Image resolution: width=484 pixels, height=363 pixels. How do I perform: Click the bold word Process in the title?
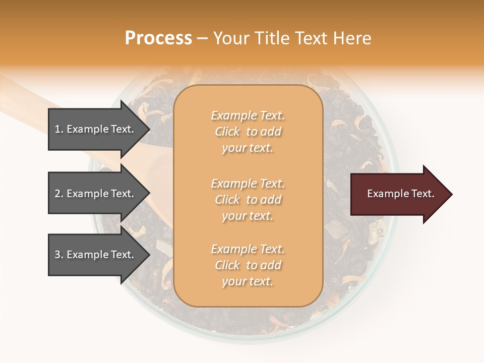point(158,38)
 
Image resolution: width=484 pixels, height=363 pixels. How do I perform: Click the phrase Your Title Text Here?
point(292,38)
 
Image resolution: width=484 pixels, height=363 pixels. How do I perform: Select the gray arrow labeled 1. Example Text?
point(96,129)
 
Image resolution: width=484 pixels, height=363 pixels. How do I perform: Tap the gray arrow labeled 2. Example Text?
point(96,194)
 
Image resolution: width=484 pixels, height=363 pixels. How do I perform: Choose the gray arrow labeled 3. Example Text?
point(96,255)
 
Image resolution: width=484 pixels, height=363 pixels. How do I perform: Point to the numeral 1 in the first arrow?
point(57,129)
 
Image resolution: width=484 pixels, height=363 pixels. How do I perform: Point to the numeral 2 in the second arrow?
point(57,194)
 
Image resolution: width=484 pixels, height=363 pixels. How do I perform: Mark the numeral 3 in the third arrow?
point(57,255)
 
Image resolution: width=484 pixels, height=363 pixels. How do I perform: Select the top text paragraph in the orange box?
point(248,132)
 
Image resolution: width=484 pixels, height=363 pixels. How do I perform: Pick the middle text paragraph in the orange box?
point(248,200)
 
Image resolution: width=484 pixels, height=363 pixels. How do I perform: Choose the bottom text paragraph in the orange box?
point(248,265)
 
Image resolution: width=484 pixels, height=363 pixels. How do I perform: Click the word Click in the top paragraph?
point(227,132)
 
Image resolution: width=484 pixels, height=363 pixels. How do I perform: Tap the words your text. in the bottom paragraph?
point(248,282)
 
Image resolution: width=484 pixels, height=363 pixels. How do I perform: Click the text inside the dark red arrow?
point(400,194)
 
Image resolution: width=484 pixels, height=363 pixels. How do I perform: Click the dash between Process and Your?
point(202,39)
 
